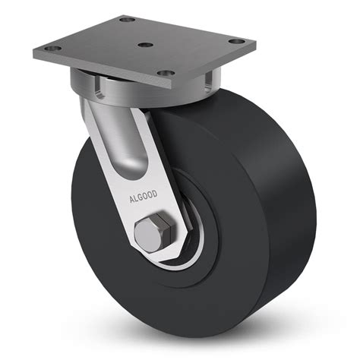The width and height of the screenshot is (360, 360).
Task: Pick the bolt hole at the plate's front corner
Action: (162, 74)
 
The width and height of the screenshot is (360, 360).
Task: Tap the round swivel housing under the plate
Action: (144, 90)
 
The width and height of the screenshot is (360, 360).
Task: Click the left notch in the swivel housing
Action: (98, 91)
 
